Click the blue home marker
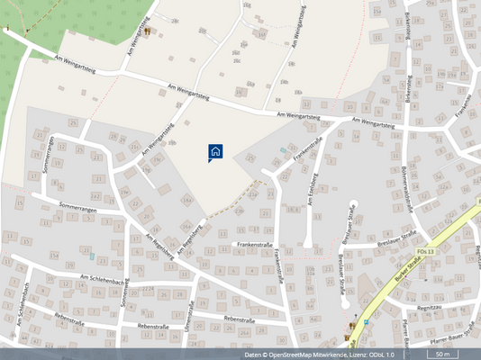pos(215,152)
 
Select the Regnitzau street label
pos(431,307)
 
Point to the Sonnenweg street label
pos(124,293)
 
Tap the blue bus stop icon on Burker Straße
pos(367,319)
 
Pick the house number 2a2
pos(95,196)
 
